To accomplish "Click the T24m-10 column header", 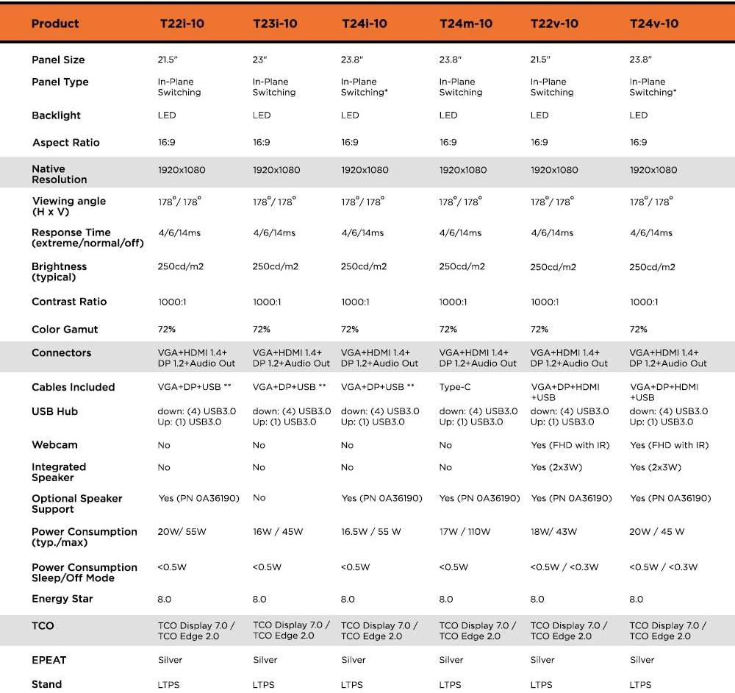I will tap(466, 24).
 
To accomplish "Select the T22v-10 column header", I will tap(554, 24).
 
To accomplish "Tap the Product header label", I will tap(55, 24).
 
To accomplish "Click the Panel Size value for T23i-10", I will tap(259, 60).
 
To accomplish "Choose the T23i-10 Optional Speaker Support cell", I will tap(259, 498).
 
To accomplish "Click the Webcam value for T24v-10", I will tap(669, 445).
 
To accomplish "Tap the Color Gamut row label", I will tap(65, 330).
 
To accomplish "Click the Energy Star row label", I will tap(62, 599).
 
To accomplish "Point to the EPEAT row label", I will tap(49, 660).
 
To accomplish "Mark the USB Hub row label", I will tap(54, 411).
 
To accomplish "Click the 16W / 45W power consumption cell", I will tap(277, 531).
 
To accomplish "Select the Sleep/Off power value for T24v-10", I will tap(664, 567).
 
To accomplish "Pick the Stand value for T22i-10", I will tap(168, 685).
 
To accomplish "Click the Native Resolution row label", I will tap(60, 174).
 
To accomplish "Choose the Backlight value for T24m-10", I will tap(448, 115).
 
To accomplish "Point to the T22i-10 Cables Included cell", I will tap(194, 387).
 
